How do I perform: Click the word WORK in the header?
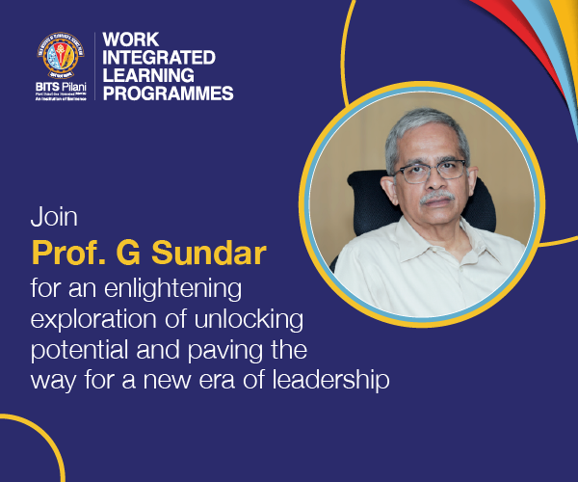pos(130,40)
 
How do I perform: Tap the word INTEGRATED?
pos(159,57)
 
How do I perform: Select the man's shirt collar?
pos(408,241)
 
